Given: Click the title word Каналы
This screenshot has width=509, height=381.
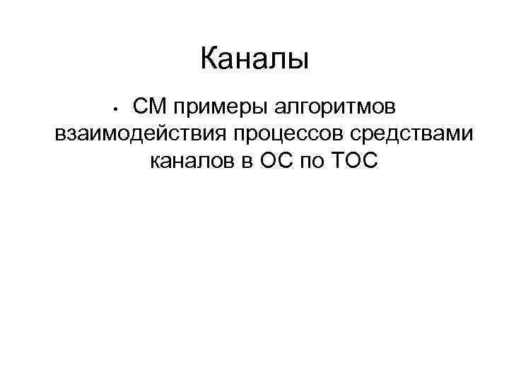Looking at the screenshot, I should pos(255,58).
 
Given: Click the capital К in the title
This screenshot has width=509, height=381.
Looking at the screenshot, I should pos(209,58).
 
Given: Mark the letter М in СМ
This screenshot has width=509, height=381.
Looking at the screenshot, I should pos(156,107).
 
